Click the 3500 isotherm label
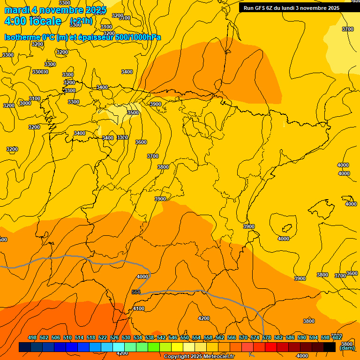[133, 112]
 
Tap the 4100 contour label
[139, 308]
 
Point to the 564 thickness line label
[136, 292]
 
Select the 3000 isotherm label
[25, 103]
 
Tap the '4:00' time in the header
[15, 21]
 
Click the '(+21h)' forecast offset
[81, 21]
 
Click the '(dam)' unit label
[347, 348]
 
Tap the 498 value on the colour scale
[32, 337]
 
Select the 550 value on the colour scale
[185, 337]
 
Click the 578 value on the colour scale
[267, 337]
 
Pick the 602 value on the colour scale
[337, 337]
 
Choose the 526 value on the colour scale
[114, 337]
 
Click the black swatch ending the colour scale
[330, 347]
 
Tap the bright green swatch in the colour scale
[154, 347]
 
